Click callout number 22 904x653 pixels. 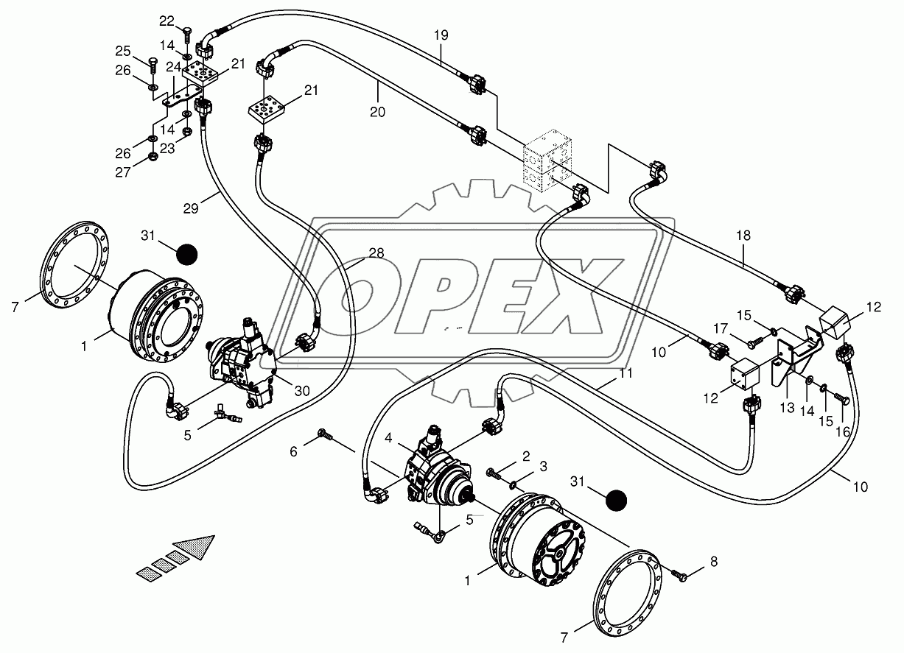click(167, 20)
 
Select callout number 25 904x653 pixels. click(122, 52)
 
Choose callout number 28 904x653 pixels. click(376, 253)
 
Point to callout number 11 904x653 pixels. click(626, 373)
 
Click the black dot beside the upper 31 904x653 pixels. click(187, 255)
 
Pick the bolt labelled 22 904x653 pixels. click(186, 34)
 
